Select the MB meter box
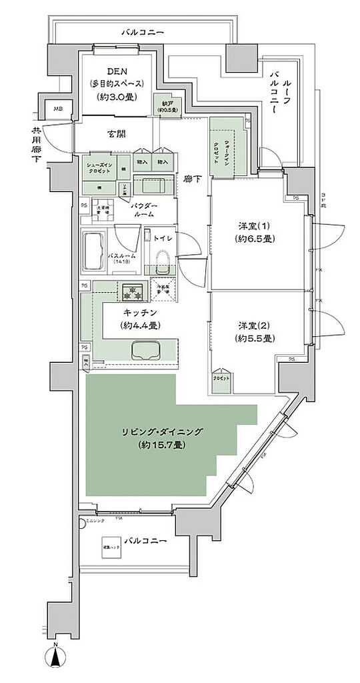pyautogui.click(x=58, y=109)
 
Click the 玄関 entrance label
pyautogui.click(x=117, y=134)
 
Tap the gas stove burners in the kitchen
pyautogui.click(x=131, y=291)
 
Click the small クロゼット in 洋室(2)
pyautogui.click(x=223, y=378)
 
